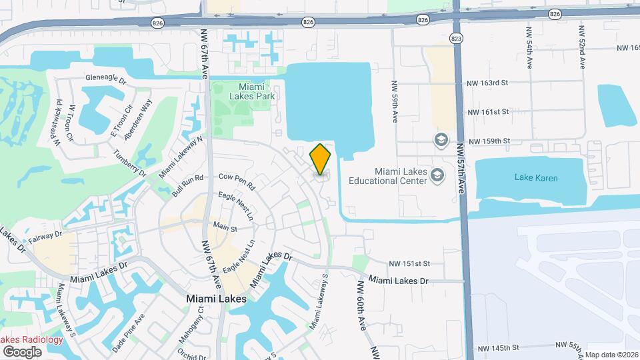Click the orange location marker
(x=321, y=159)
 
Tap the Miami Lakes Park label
(x=247, y=91)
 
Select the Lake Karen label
(x=536, y=178)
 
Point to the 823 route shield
(x=455, y=38)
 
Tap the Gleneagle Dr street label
(x=105, y=79)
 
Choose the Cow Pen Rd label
(x=237, y=177)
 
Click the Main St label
(x=225, y=229)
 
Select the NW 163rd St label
(x=488, y=83)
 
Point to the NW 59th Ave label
(x=395, y=107)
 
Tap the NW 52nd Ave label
(x=582, y=47)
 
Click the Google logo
(x=22, y=351)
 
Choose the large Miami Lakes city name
(x=217, y=299)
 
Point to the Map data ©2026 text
(x=611, y=355)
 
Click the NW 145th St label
(x=498, y=347)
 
